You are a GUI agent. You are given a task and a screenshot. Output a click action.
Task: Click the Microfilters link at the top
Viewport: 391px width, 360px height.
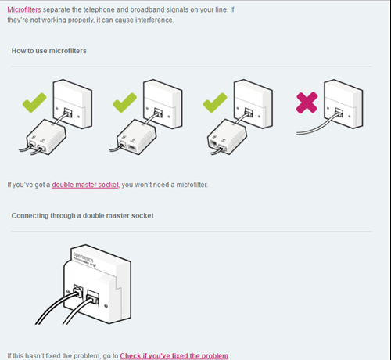tap(24, 9)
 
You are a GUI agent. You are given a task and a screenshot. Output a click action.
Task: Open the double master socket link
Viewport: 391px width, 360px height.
tap(85, 185)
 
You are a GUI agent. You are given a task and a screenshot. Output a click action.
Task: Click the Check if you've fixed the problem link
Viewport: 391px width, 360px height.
tap(174, 355)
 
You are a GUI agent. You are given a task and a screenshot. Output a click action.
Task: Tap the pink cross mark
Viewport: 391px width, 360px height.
tap(307, 103)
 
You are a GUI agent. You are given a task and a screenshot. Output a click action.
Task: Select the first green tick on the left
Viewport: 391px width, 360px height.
tap(34, 103)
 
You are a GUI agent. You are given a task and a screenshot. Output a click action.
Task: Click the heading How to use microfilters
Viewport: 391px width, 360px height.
tap(49, 51)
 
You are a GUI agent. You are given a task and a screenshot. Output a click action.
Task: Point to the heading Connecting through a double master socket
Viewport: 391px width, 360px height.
tap(83, 215)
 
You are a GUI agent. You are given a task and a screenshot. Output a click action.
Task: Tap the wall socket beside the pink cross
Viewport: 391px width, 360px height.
tap(343, 104)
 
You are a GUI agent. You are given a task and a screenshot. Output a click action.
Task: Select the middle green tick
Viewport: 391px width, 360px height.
tap(124, 103)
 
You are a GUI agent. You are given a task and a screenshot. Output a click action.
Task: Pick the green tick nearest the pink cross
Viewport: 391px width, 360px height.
tap(215, 103)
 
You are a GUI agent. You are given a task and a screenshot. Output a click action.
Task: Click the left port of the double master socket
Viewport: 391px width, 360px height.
tap(78, 291)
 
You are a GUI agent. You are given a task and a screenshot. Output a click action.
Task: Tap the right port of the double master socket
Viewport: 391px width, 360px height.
tap(93, 297)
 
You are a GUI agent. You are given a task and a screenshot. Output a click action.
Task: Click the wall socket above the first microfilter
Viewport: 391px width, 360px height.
tap(73, 104)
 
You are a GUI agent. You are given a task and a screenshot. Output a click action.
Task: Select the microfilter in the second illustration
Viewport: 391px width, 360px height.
tap(136, 137)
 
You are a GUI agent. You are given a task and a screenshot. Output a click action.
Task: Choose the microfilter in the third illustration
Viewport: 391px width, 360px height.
tap(227, 137)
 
